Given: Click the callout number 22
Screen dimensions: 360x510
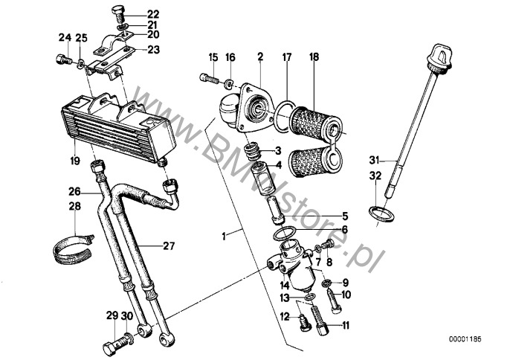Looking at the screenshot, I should point(153,14).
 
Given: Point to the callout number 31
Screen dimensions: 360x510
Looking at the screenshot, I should point(373,159).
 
